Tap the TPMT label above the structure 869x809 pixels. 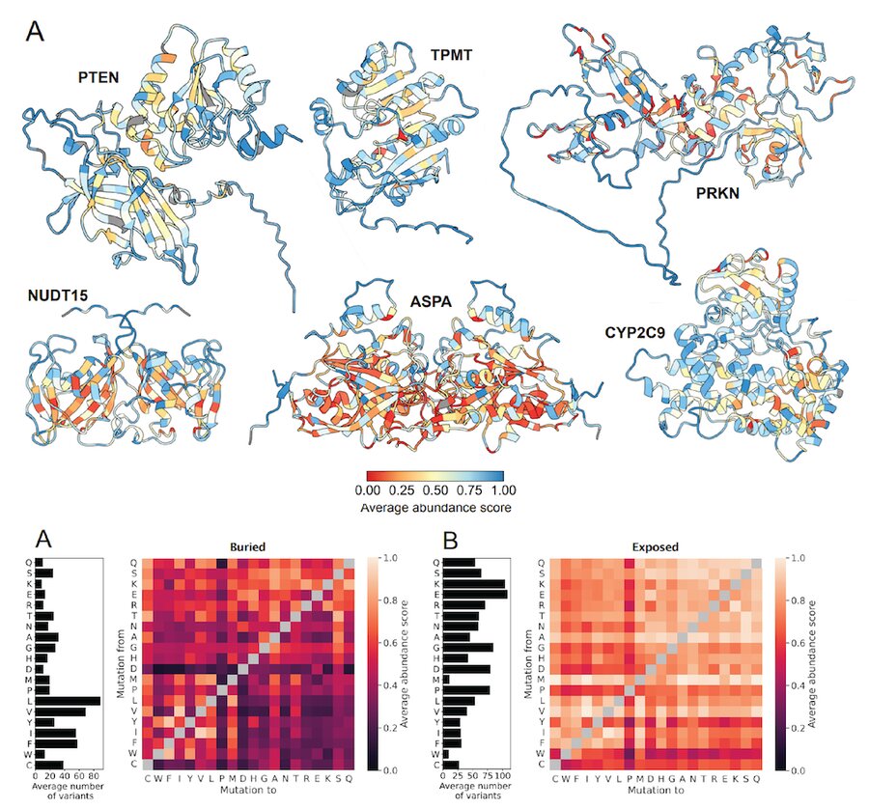tap(452, 56)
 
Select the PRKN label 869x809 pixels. tap(718, 193)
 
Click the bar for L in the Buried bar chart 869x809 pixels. tap(68, 701)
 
